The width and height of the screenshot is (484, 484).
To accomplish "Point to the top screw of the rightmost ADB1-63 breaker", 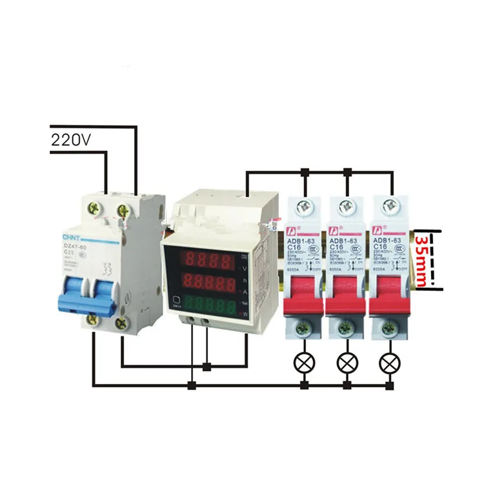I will coord(389,207).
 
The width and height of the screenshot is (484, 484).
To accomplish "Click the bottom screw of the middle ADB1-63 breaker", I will coord(347,329).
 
